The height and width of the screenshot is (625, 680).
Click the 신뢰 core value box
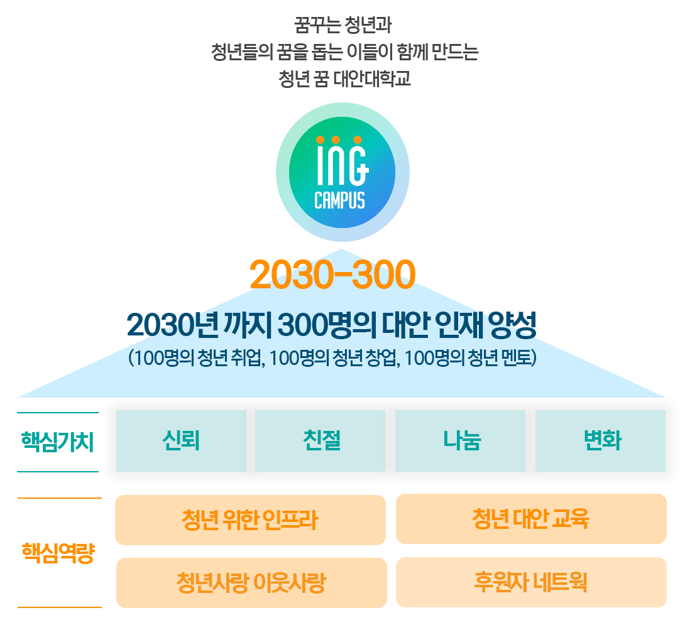coord(181,441)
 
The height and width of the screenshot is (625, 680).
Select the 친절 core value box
coord(320,441)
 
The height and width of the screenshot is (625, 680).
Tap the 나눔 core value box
coord(460,441)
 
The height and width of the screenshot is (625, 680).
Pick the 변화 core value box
coord(600,441)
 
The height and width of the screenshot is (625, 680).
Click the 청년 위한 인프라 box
coord(250,520)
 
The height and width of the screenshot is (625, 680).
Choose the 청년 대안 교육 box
coord(530,519)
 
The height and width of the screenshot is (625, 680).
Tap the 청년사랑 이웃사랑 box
coord(251,583)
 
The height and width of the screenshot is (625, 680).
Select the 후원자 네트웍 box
coord(530,582)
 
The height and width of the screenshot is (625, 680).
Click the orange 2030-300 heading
coord(332,275)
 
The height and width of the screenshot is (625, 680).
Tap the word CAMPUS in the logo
coord(339,200)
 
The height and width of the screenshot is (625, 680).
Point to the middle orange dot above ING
coord(336,139)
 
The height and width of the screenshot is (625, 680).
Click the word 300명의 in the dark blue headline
coord(317,325)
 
